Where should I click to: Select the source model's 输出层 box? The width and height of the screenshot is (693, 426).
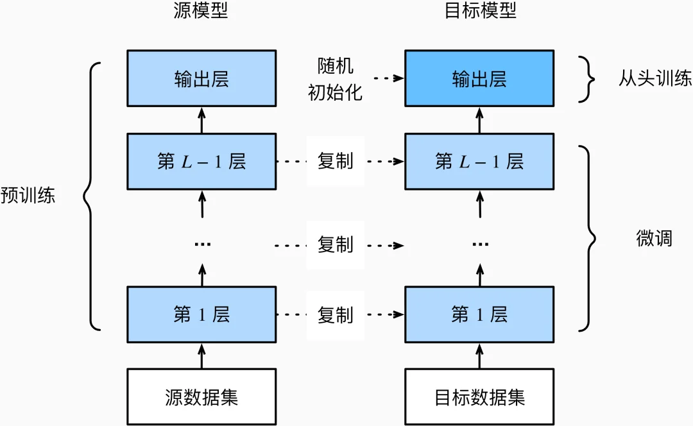[201, 78]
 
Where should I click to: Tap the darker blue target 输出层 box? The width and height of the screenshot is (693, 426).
[479, 78]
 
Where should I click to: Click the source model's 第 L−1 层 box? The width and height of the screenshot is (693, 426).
[201, 161]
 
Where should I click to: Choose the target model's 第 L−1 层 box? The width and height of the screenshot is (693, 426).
[479, 161]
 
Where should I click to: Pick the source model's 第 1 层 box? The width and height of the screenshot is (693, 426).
[201, 314]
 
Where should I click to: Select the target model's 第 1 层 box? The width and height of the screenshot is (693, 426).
[479, 314]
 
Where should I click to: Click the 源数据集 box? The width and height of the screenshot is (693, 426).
[201, 396]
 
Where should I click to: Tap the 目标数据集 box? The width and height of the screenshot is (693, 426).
[479, 396]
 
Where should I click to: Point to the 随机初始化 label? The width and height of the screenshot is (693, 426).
[335, 79]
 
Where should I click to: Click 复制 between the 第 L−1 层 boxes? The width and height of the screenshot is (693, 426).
[335, 161]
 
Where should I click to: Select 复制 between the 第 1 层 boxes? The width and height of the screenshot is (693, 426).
[335, 314]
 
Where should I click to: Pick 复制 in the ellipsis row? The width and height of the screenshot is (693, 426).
[335, 244]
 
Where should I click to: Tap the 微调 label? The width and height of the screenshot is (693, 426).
[654, 238]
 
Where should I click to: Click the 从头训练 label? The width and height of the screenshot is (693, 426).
[655, 78]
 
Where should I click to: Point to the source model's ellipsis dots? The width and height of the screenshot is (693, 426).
[201, 244]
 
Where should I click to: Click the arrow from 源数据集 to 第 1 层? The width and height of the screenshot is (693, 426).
[201, 355]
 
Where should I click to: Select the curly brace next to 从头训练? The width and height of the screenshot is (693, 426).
[585, 79]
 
